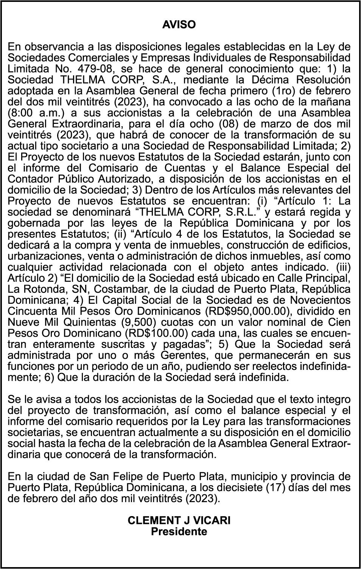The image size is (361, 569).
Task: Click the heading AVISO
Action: point(179,25)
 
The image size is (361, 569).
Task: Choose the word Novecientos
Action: point(319,300)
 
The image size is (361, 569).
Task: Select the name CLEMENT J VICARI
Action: point(179,520)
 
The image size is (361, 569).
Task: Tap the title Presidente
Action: point(179,532)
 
